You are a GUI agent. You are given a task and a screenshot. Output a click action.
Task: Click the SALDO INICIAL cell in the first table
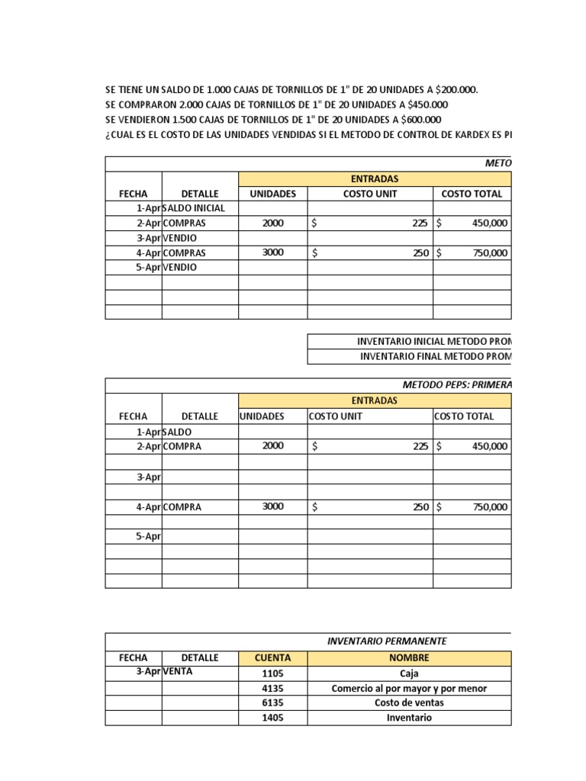[195, 208]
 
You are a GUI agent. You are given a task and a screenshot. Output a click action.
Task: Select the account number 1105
[272, 673]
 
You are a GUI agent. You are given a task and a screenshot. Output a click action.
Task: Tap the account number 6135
[272, 703]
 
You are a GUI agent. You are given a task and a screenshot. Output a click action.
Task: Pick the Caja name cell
[409, 673]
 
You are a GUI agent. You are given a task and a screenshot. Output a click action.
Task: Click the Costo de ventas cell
[409, 703]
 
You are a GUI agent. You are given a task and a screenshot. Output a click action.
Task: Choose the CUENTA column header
[272, 658]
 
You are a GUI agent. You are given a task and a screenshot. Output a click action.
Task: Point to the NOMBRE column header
[409, 658]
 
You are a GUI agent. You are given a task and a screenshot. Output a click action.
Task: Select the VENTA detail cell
[178, 672]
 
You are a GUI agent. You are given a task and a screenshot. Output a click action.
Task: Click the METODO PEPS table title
[456, 385]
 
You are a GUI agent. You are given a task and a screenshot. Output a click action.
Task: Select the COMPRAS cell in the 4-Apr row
[184, 252]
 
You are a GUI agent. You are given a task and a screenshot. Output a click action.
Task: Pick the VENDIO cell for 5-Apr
[179, 268]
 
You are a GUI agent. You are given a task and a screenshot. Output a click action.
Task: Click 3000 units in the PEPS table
[272, 506]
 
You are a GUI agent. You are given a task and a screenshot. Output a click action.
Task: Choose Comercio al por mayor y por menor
[409, 689]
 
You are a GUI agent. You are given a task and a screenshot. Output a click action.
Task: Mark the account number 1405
[272, 718]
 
